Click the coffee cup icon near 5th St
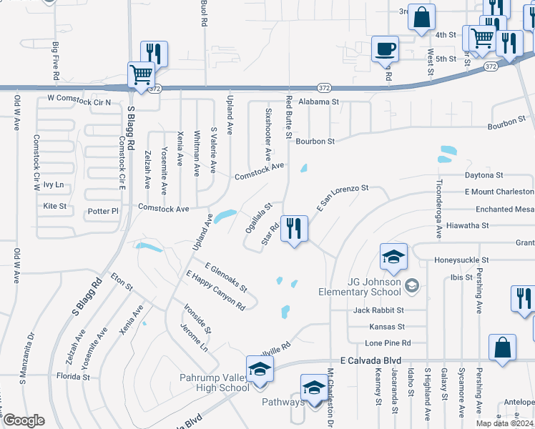coord(385,49)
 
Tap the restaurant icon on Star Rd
coord(294,229)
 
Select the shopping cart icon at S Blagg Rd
coord(142,74)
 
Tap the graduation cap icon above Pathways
coord(313,388)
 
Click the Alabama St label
coord(318,102)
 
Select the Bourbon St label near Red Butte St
coord(315,142)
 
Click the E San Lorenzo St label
coord(341,197)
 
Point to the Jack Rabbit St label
coord(378,310)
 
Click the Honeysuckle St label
coord(464,260)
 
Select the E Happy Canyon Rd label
coord(215,290)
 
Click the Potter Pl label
coord(104,212)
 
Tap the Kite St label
coord(54,206)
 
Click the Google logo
coord(24,420)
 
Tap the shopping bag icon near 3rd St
coord(421,16)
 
